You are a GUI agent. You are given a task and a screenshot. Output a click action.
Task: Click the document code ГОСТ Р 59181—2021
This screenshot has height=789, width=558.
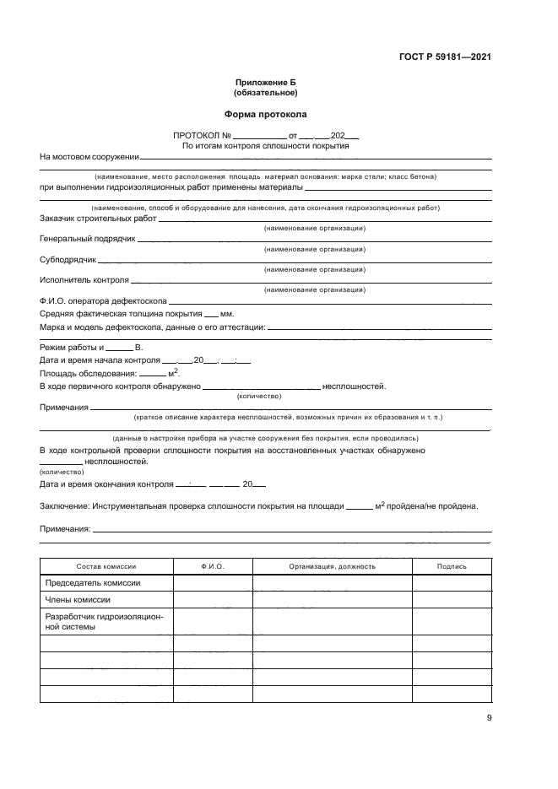pos(445,57)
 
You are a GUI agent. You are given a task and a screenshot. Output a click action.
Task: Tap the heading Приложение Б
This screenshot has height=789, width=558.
pos(266,83)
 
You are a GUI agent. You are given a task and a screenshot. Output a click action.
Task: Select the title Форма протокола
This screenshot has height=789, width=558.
pos(266,113)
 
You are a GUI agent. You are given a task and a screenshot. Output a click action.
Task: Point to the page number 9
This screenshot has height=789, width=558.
pos(489,718)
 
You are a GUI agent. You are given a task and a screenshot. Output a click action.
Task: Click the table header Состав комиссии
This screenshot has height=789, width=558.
pos(106,566)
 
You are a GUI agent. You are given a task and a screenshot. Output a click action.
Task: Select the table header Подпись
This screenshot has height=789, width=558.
pos(452,566)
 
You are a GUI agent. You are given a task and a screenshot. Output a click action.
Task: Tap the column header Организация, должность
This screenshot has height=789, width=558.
pos(332,566)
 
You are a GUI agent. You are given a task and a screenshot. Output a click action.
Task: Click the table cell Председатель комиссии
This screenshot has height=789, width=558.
pos(92,583)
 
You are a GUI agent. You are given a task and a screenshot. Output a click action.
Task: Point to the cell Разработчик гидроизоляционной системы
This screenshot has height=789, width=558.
pos(104,622)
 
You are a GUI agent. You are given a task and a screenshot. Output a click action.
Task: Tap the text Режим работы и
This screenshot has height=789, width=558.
pos(71,348)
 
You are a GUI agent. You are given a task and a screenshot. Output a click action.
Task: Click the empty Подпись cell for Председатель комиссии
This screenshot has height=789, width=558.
pos(452,583)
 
